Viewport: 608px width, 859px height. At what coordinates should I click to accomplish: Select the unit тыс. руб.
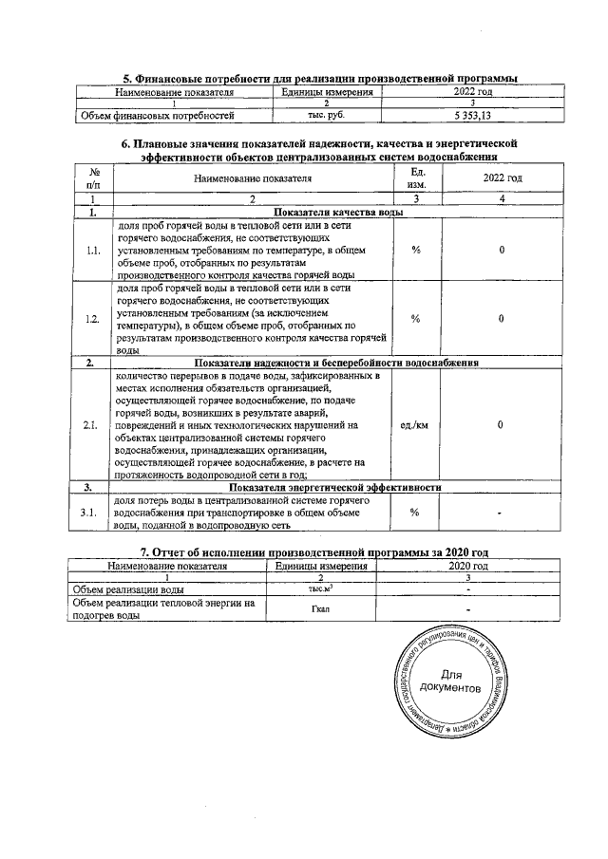pos(325,116)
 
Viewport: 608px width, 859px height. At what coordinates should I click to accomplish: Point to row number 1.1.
pos(93,251)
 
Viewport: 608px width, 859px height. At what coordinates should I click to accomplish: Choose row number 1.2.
pos(93,319)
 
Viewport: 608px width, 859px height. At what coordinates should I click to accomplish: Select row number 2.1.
pos(93,425)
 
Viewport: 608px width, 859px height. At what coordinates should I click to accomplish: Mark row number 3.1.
pos(93,512)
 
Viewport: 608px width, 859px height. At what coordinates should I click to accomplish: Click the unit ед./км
pos(415,425)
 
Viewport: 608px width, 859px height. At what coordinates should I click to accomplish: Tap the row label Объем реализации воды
pos(129,589)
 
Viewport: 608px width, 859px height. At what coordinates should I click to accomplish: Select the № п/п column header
pos(93,178)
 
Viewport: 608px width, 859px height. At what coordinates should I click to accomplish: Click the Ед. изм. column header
pos(415,178)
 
